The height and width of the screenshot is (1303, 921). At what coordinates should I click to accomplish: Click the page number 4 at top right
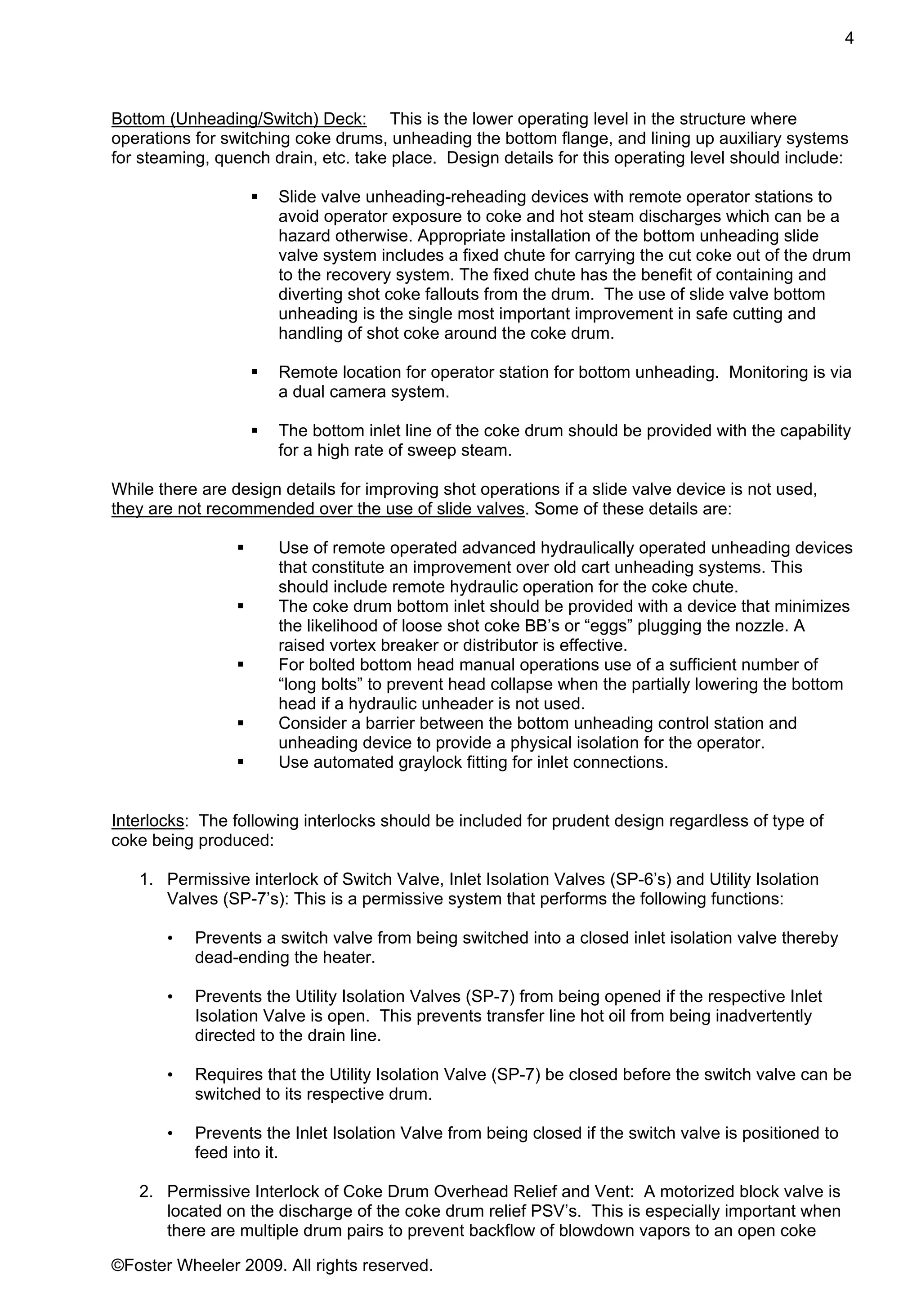[x=849, y=39]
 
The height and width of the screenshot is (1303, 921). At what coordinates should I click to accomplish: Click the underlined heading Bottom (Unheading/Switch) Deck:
[x=239, y=119]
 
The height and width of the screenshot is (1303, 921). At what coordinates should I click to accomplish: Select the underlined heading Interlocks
[x=148, y=821]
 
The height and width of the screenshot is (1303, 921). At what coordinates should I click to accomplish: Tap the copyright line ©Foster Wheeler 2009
[x=272, y=1266]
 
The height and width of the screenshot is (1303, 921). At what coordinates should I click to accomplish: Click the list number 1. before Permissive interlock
[x=147, y=880]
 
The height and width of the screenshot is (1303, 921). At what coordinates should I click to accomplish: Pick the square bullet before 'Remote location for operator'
[x=255, y=372]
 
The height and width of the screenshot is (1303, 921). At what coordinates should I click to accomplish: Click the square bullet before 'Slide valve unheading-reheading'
[x=255, y=197]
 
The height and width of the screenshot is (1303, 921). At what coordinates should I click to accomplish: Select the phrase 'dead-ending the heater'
[x=284, y=958]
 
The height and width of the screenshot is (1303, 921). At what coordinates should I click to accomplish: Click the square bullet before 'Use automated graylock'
[x=241, y=762]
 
